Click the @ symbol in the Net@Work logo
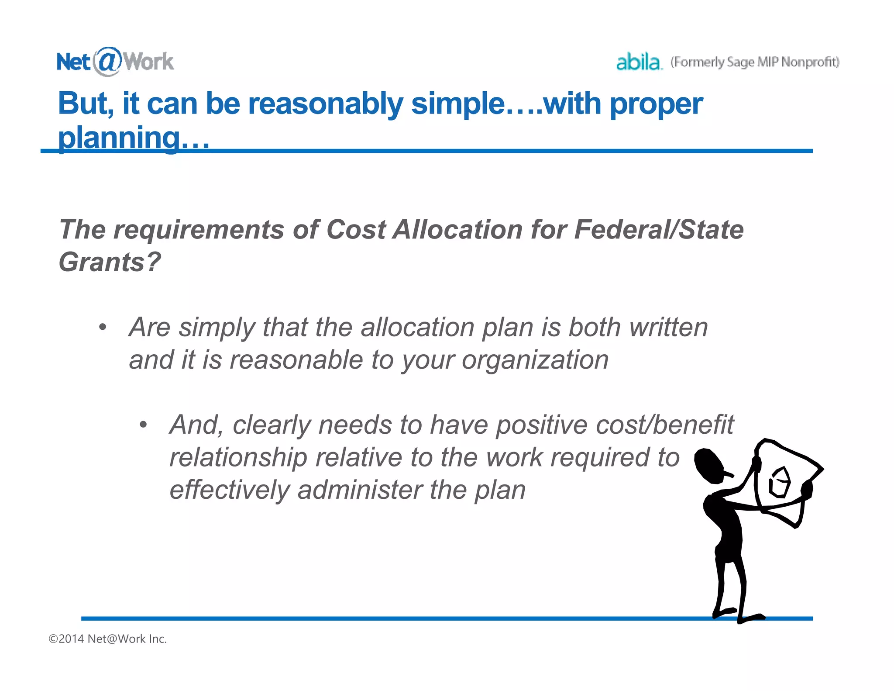pos(106,61)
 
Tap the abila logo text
pos(638,62)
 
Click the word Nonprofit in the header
pos(810,62)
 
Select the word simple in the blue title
pos(457,104)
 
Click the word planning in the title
pos(119,137)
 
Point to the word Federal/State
pos(659,229)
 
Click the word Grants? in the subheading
pos(110,262)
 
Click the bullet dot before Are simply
pos(102,327)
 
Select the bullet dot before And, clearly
pos(143,425)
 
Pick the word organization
pos(535,360)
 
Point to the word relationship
pos(238,457)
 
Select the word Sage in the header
pos(740,62)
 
